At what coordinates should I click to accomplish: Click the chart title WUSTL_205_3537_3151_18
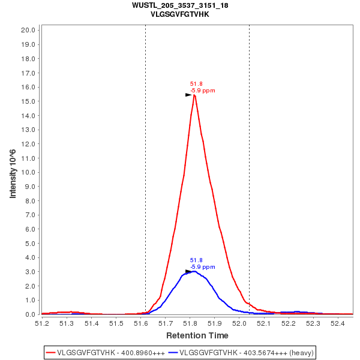(180, 5)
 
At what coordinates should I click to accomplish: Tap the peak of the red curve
(194, 95)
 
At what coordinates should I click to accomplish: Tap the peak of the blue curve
(193, 271)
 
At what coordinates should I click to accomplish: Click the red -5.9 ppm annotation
(203, 91)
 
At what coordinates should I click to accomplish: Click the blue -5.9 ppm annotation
(203, 266)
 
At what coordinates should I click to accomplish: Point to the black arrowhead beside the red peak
(188, 95)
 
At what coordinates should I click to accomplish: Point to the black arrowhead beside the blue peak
(188, 272)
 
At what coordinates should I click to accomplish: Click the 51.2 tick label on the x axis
(42, 323)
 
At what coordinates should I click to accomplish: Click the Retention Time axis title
(197, 335)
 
